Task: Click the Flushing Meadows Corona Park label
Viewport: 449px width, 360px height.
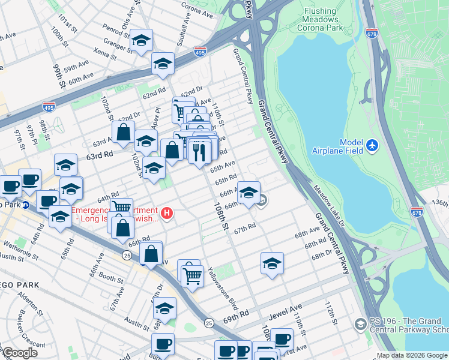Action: (328, 19)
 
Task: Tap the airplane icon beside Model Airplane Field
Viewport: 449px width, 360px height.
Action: (373, 145)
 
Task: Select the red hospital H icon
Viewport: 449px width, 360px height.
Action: (169, 212)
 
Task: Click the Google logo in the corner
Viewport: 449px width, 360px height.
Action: (20, 352)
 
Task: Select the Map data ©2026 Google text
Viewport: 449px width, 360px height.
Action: (412, 355)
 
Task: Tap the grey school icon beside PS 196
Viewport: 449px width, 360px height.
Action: (360, 324)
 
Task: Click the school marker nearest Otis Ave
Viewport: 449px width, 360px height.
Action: (141, 41)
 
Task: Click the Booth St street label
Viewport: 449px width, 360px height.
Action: (111, 278)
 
